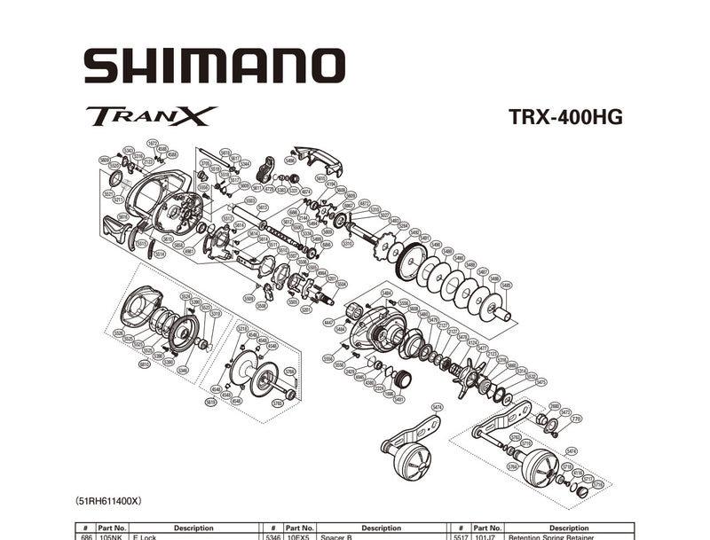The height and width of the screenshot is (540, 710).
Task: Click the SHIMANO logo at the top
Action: point(214,67)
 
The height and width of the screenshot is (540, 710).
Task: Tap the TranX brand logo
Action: point(151,116)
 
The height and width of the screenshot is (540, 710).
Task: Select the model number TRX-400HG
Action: point(565,117)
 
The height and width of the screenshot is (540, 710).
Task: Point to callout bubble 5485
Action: point(506,286)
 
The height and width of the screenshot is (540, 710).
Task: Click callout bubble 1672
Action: point(152,143)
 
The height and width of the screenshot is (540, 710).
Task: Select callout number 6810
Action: point(144,364)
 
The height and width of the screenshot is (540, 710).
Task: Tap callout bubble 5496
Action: point(289,160)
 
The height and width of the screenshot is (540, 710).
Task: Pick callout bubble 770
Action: point(576,419)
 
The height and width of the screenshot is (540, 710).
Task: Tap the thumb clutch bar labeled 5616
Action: point(118,230)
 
